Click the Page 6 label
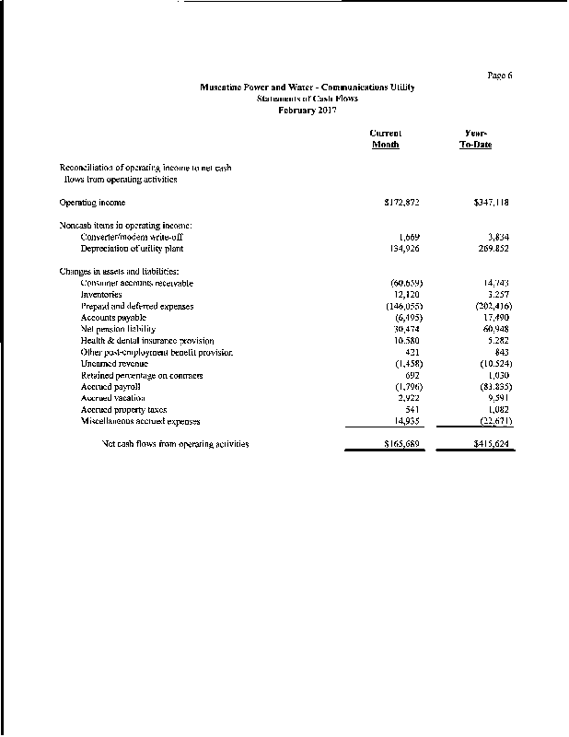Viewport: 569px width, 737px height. [499, 76]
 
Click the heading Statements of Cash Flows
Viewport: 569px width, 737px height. [308, 99]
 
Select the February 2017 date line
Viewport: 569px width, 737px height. [308, 110]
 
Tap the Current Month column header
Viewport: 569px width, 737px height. [386, 139]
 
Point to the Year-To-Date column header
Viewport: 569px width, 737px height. [476, 139]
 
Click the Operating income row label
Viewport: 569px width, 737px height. [92, 202]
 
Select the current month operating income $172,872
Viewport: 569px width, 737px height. [401, 202]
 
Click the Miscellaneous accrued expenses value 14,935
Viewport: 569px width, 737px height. [405, 422]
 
